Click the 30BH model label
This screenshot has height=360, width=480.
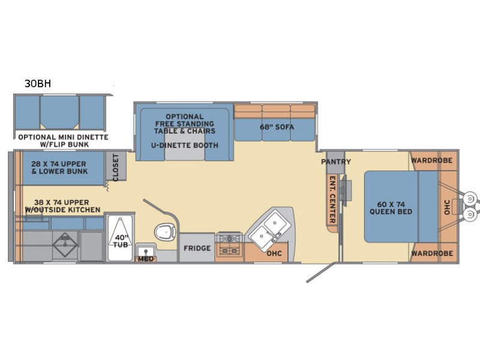click(38, 83)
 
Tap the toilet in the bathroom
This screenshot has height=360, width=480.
click(166, 232)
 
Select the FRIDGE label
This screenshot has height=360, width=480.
click(197, 248)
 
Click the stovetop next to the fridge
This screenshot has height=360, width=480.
click(229, 244)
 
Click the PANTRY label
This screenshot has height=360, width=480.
click(336, 161)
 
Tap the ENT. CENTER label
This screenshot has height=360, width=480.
click(332, 199)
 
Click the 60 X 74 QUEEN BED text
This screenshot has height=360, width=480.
click(391, 208)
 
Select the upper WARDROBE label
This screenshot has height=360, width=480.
click(431, 160)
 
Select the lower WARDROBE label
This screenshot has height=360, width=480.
click(432, 253)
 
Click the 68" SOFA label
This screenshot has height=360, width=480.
click(277, 127)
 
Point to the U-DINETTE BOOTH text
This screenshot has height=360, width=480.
click(185, 145)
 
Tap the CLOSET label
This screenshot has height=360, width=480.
click(115, 167)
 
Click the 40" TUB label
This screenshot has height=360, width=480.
click(121, 241)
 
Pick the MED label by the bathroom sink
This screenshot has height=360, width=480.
click(146, 259)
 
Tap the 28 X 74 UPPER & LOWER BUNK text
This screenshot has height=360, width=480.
click(59, 167)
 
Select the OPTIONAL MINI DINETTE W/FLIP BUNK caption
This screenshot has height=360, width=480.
click(64, 141)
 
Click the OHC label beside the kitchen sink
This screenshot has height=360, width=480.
click(274, 253)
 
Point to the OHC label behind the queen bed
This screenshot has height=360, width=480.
click(446, 207)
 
